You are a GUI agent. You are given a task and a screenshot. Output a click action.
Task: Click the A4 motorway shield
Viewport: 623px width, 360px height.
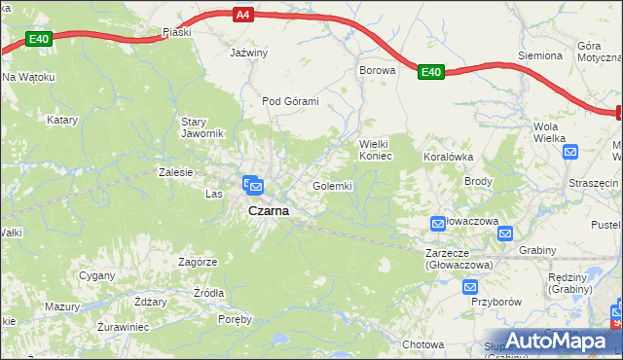(243, 15)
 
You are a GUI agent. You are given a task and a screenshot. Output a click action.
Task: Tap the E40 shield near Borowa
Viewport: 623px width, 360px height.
(432, 71)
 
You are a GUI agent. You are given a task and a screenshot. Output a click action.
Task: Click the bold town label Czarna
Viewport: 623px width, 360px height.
(268, 210)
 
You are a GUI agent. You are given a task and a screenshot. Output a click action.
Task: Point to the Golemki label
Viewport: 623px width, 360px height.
(332, 185)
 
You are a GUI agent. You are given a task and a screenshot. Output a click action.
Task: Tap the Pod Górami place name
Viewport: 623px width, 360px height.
(290, 101)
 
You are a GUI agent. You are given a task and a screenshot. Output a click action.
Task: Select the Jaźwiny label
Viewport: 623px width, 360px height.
(247, 54)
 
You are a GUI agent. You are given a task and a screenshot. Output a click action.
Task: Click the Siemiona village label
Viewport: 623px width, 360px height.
(540, 55)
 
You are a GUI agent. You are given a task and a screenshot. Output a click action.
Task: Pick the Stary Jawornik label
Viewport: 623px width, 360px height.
(203, 127)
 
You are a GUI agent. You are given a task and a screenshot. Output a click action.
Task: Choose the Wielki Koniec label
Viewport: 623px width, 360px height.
(376, 149)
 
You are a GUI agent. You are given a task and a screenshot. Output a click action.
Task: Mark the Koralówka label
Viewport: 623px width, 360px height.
(448, 156)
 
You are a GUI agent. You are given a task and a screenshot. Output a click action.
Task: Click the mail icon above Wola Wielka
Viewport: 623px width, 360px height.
(570, 151)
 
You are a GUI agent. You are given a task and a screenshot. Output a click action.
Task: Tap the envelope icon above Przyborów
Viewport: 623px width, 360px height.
(470, 286)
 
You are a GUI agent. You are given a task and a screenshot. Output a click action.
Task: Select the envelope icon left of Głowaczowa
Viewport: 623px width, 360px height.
(438, 225)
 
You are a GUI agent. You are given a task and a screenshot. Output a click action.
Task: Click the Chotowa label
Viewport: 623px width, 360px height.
(423, 344)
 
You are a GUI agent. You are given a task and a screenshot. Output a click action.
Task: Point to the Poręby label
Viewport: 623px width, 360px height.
(235, 319)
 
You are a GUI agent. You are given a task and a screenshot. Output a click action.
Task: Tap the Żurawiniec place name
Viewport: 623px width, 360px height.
(123, 327)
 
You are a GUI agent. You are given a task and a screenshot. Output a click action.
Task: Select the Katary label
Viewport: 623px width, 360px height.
(62, 120)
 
